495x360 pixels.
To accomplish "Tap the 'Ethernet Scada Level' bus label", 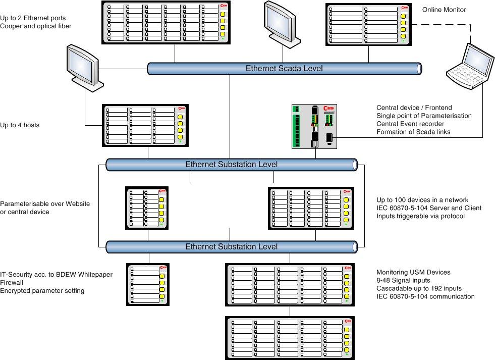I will click(284, 69).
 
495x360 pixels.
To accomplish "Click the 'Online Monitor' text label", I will click(444, 10).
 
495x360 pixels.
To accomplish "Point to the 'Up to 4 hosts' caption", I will click(20, 125).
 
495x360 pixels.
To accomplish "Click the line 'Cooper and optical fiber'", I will click(36, 26).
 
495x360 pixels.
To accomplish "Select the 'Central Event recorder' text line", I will click(410, 124).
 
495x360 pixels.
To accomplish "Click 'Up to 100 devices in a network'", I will click(422, 200).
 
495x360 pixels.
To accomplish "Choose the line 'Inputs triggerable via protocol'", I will click(420, 216).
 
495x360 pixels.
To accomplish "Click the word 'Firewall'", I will click(12, 282).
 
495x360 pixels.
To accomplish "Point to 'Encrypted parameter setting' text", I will click(42, 290).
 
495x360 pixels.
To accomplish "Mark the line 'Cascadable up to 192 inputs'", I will click(419, 288).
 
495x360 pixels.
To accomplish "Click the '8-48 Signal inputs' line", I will click(403, 280).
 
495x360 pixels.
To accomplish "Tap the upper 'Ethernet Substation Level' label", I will click(231, 164).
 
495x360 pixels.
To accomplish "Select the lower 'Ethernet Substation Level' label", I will click(231, 247).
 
